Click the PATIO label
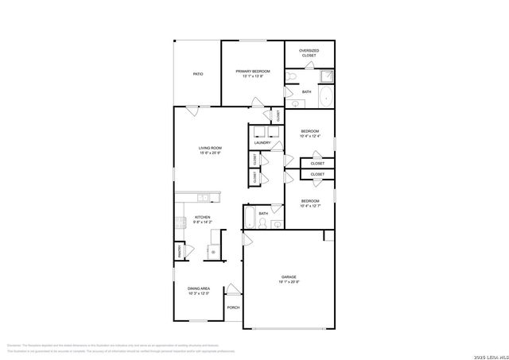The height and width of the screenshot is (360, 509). (x=197, y=74)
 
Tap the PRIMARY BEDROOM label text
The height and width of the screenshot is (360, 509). (x=253, y=72)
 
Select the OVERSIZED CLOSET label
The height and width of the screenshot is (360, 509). (x=308, y=53)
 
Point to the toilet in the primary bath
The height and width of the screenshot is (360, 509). (x=293, y=76)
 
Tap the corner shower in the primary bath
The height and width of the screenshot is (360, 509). (x=326, y=76)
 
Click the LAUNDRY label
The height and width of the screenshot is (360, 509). (x=262, y=142)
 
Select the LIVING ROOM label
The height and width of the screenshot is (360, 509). (x=210, y=148)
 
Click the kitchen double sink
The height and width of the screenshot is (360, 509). (x=202, y=196)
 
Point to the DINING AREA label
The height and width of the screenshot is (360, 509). (x=199, y=288)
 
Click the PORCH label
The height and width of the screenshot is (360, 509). (x=233, y=308)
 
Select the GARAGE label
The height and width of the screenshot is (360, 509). (x=288, y=277)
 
